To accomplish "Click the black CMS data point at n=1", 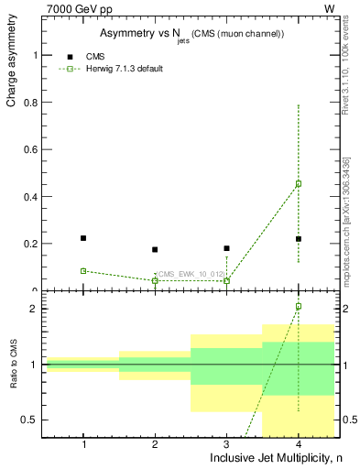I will [x=83, y=238].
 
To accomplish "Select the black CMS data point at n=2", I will [x=155, y=249].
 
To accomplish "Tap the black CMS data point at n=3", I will [x=227, y=248].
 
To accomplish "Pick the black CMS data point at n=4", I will [x=299, y=239].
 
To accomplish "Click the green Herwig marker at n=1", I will [x=83, y=271].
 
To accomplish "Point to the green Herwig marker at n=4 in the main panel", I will [x=299, y=183].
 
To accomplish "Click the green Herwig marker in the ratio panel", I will [x=299, y=306].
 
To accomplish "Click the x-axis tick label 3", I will [x=227, y=444].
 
